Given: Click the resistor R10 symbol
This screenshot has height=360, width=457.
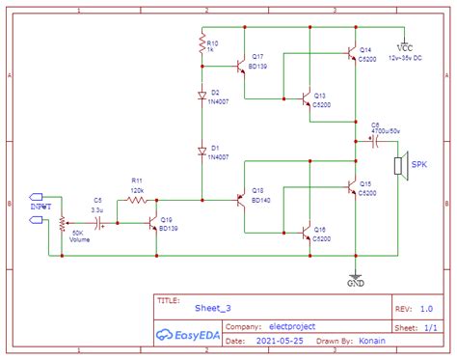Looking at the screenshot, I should click(202, 44).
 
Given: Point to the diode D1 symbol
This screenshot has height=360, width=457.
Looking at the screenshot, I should click(202, 151).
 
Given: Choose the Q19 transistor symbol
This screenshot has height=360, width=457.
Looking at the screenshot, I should click(152, 223).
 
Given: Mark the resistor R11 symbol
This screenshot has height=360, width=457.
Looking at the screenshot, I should click(137, 201).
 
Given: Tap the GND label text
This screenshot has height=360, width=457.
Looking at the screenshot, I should click(357, 285).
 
